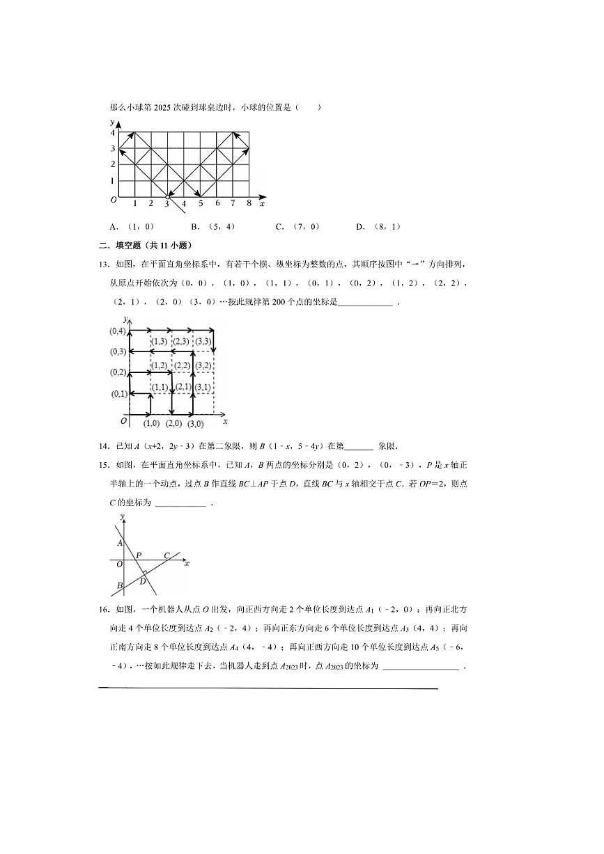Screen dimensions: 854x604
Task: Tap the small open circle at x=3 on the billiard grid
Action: (167, 197)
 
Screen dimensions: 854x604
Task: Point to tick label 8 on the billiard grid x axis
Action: (249, 203)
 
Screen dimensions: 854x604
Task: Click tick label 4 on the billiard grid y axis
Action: (112, 132)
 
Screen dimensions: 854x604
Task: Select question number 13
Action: (103, 264)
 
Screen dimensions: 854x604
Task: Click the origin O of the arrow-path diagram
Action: (124, 420)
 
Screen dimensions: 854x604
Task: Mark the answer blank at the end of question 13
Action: (364, 302)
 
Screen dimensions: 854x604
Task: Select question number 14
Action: (103, 446)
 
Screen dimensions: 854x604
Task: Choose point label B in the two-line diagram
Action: (120, 585)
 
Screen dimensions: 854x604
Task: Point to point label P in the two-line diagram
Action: (138, 555)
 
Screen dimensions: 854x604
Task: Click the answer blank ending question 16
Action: (421, 666)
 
